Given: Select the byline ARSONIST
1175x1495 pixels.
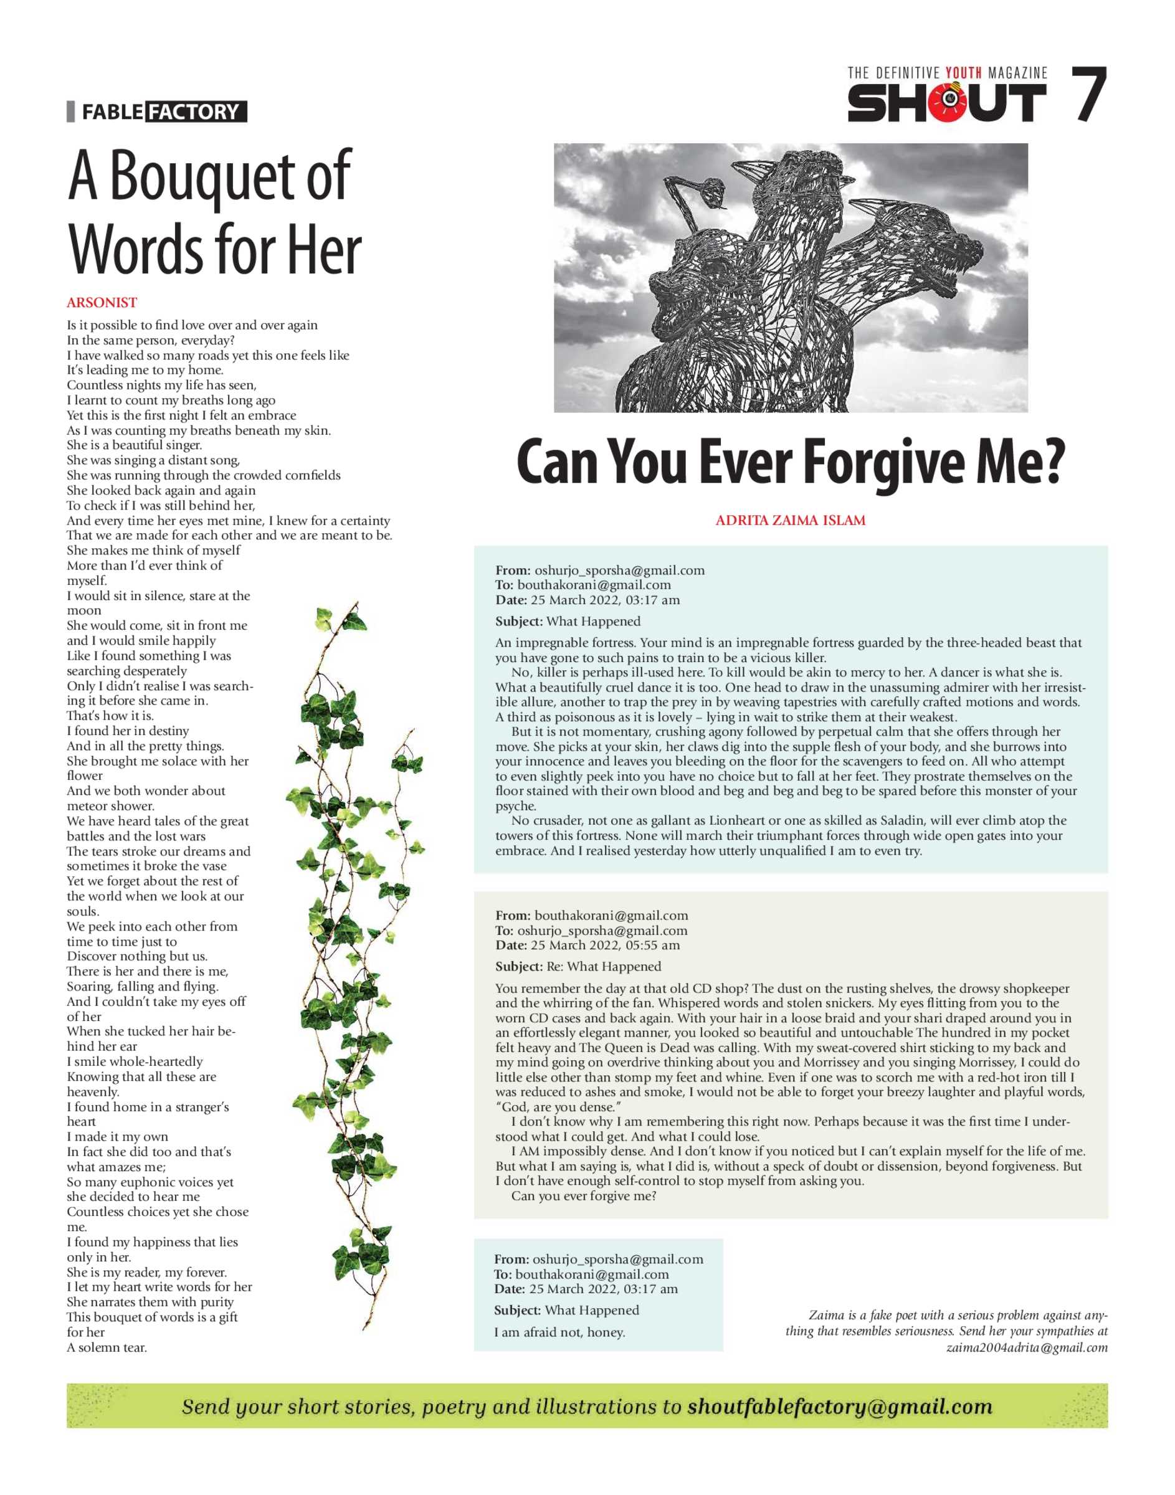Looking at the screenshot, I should click(x=102, y=303).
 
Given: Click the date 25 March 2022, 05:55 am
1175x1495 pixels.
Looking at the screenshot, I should click(x=605, y=945).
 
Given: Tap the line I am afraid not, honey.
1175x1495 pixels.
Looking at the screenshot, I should click(x=559, y=1332).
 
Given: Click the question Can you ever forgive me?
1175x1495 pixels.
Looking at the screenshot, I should click(x=583, y=1196).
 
